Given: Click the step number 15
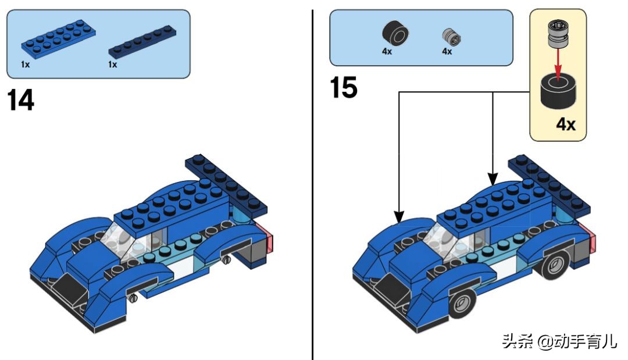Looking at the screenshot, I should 344,88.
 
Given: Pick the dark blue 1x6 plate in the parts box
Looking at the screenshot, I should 144,44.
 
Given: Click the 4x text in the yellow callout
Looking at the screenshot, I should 566,124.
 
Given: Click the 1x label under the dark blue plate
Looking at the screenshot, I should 112,65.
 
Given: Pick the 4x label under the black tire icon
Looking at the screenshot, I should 387,51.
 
